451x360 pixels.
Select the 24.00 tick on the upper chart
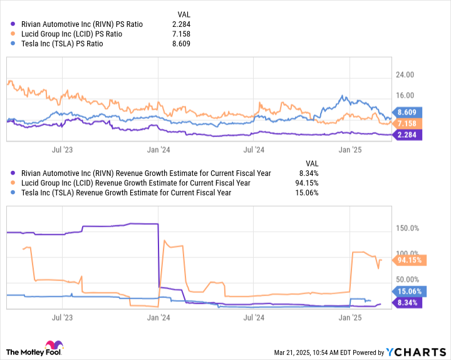[405, 75]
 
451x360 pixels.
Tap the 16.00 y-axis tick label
[405, 95]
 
